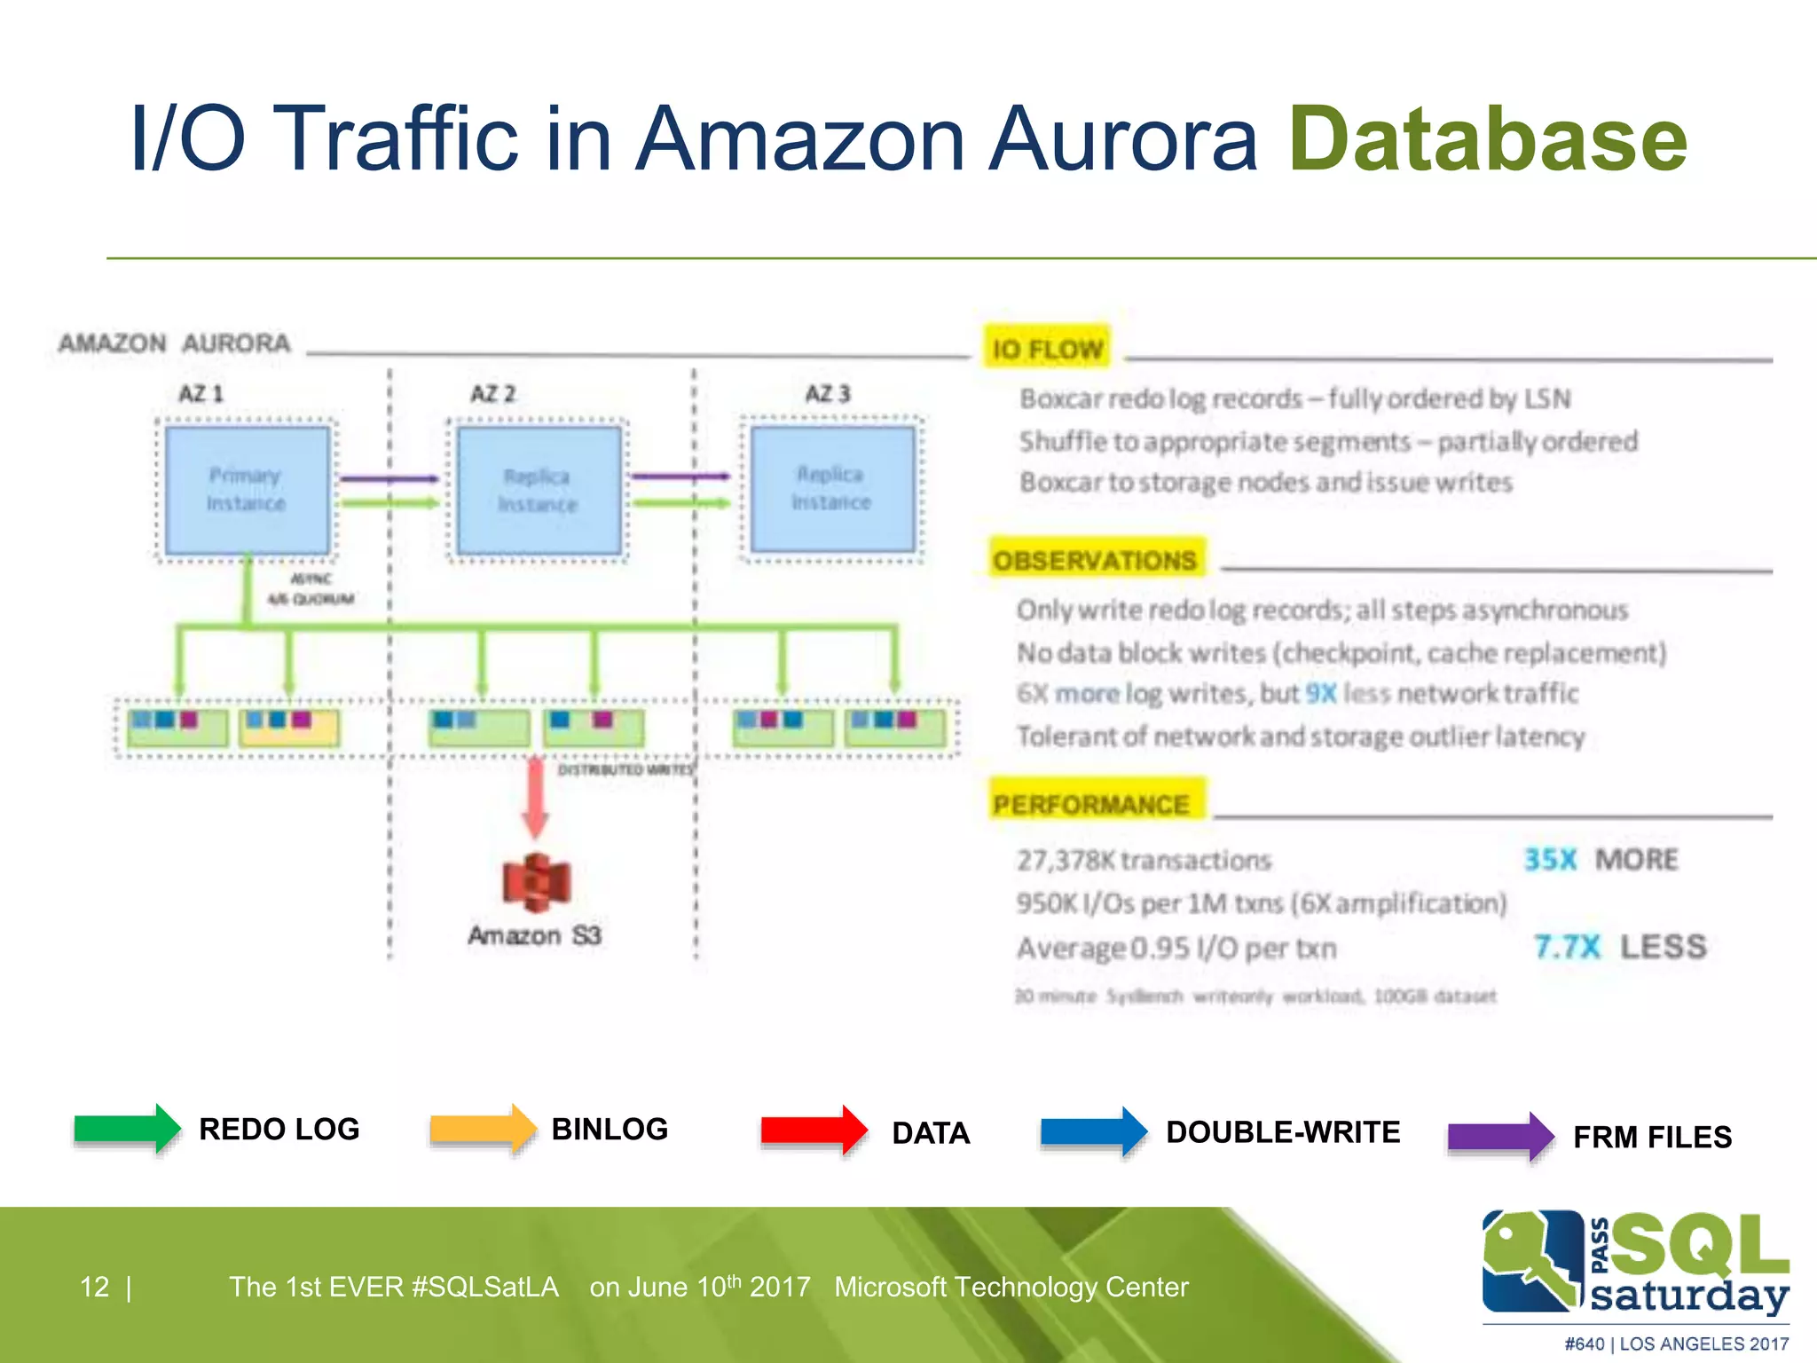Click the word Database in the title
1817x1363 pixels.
point(1487,139)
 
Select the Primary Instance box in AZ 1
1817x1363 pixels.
point(247,490)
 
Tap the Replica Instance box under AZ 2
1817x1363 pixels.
point(538,490)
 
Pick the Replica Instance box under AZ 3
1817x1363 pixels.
point(831,488)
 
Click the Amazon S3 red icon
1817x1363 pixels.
point(536,882)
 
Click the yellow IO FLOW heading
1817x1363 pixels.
point(1047,349)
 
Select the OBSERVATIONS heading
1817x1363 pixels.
point(1095,560)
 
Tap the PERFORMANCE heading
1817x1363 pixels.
point(1091,804)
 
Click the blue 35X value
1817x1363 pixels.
point(1550,859)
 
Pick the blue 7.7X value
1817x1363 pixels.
point(1567,946)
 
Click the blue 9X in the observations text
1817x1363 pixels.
point(1320,693)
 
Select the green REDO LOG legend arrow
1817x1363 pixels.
point(127,1129)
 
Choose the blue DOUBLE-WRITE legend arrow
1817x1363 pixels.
point(1093,1131)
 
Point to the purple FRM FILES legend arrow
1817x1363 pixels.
point(1499,1137)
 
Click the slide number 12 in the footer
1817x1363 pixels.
point(95,1287)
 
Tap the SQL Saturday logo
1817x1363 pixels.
point(1634,1264)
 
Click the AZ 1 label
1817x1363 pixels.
point(201,393)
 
